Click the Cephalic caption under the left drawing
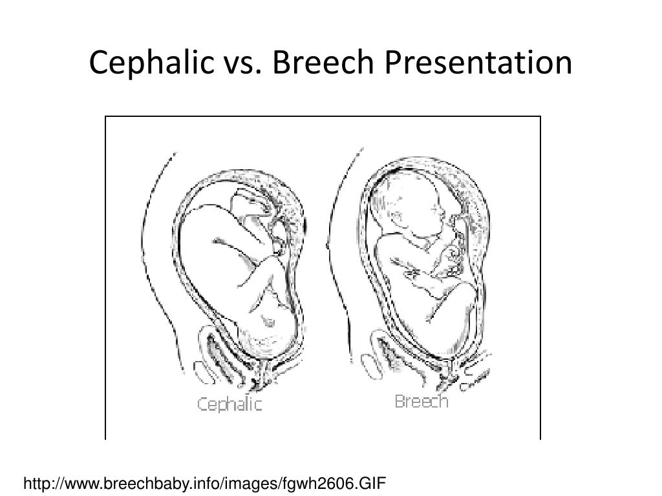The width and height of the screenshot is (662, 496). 230,405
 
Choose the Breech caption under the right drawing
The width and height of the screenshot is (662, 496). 421,402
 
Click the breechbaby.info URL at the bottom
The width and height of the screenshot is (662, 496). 204,482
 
